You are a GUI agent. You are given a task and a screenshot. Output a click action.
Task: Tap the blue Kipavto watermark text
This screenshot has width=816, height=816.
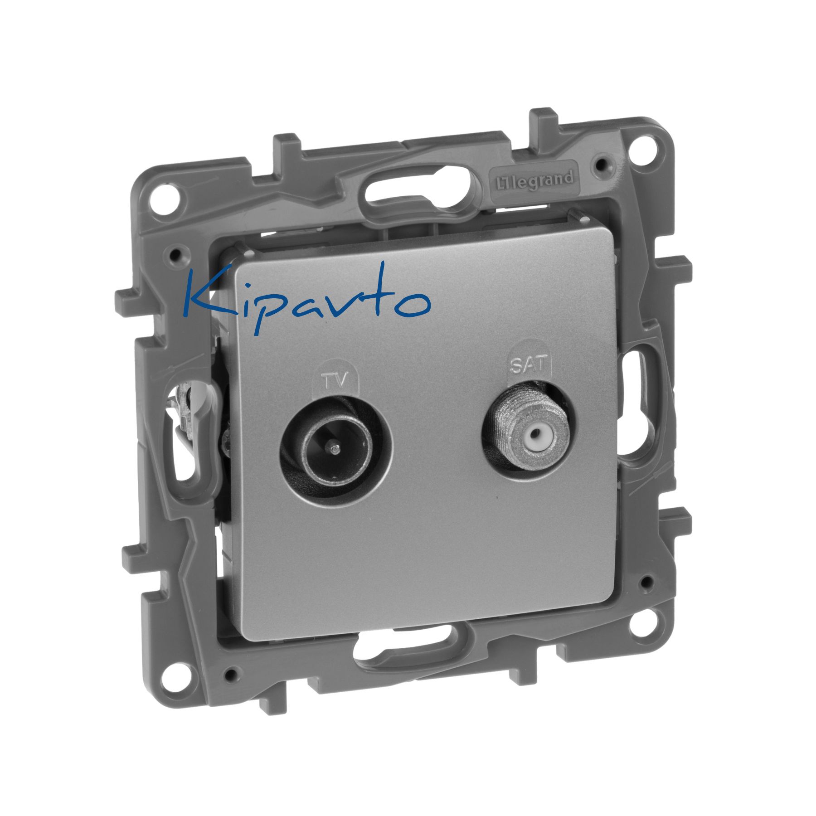[306, 299]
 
